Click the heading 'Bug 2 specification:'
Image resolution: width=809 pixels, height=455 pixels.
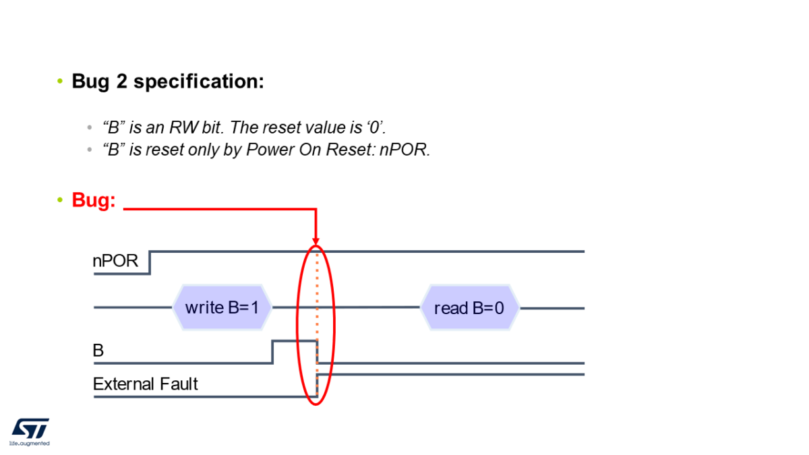(167, 82)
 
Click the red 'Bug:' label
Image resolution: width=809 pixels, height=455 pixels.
(93, 200)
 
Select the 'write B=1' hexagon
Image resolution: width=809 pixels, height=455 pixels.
(222, 307)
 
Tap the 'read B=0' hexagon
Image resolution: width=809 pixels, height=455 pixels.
(469, 308)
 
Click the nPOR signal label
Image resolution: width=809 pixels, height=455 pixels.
(115, 261)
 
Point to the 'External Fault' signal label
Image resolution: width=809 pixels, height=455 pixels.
(145, 384)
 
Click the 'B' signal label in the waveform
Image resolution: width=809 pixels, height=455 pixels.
(98, 351)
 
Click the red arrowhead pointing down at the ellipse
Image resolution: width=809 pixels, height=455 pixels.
(316, 240)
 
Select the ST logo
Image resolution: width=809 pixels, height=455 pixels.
(30, 428)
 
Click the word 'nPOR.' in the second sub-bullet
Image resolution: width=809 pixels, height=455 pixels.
(404, 150)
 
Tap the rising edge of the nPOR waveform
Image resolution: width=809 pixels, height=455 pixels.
(150, 263)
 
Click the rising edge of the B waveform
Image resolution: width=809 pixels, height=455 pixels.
(272, 352)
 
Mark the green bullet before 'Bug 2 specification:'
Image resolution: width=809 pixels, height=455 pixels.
(59, 82)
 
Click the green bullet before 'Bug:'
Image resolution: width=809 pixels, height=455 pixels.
(59, 200)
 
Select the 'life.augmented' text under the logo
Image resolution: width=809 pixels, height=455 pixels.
(29, 444)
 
